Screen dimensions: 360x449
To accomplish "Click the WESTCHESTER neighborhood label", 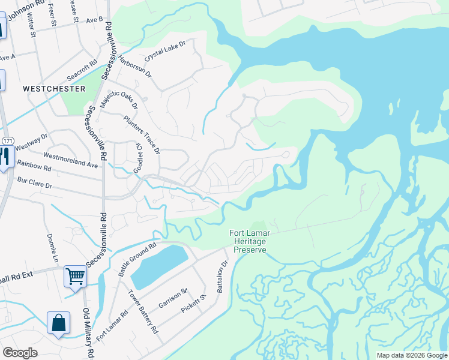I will point(54,88).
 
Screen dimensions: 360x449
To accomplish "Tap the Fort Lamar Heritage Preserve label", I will point(247,241).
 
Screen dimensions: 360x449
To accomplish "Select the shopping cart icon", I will point(76,276).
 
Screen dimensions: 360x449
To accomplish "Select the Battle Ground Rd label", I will point(136,259).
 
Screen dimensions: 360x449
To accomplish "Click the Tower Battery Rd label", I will point(143,311).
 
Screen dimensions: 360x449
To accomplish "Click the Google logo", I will point(20,353).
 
